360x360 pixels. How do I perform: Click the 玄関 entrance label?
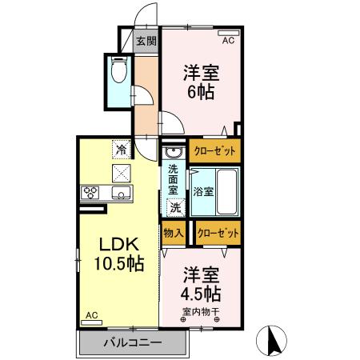pos(145,41)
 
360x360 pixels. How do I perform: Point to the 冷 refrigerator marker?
pos(121,149)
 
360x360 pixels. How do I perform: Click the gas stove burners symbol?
pos(90,193)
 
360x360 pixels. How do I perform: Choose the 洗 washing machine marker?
pos(175,207)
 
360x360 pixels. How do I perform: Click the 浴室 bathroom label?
pos(202,191)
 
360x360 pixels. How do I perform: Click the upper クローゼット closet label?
pos(215,150)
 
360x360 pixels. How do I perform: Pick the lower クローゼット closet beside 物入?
pos(218,232)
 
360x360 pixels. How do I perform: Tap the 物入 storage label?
pos(174,233)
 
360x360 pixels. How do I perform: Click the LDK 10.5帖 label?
pos(120,254)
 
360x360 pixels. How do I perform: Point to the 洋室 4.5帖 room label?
pos(201,282)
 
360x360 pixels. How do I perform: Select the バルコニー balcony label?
pos(133,342)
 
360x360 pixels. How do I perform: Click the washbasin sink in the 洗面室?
pos(170,154)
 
